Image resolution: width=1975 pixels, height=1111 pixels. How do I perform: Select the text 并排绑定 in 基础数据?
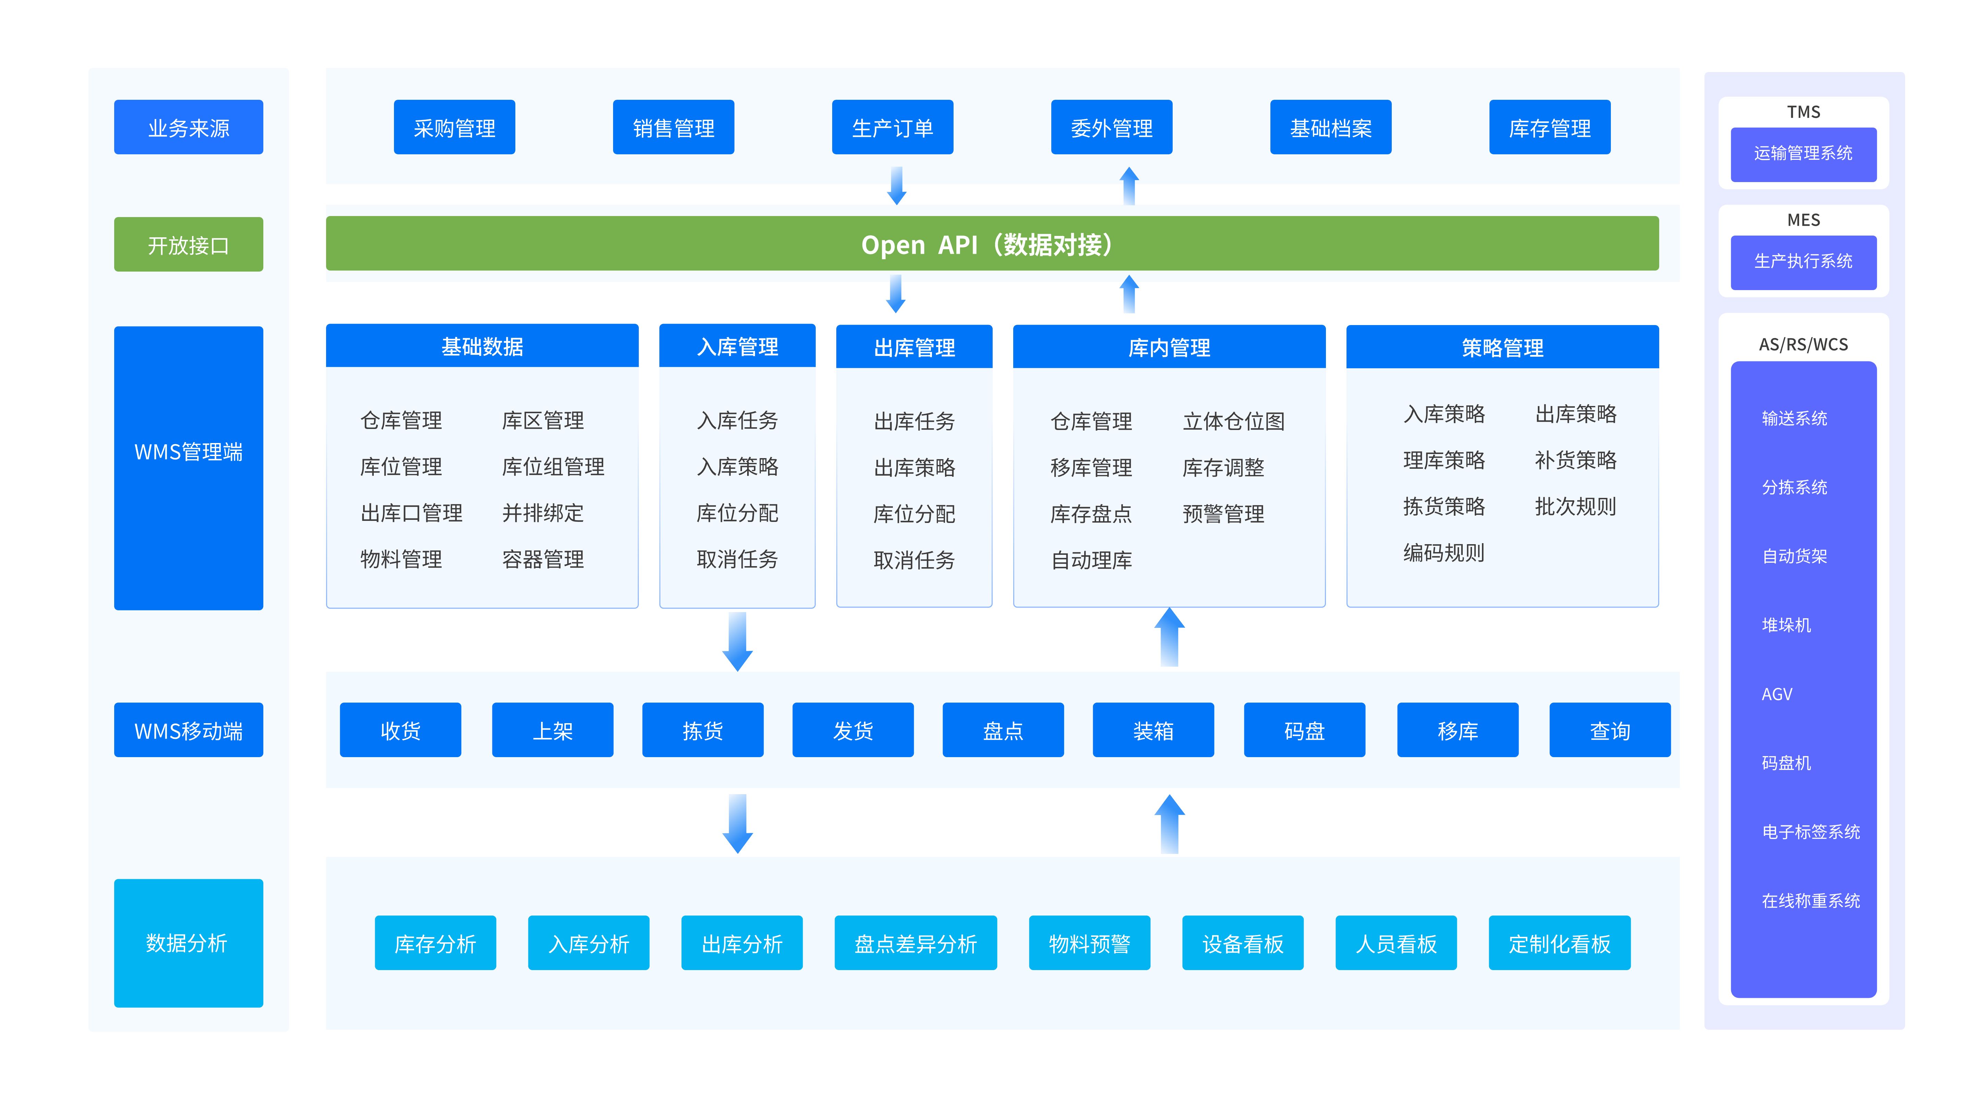(543, 512)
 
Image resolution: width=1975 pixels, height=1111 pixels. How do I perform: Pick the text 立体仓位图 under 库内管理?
(1233, 421)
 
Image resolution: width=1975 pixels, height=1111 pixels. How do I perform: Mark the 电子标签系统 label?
(1810, 832)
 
